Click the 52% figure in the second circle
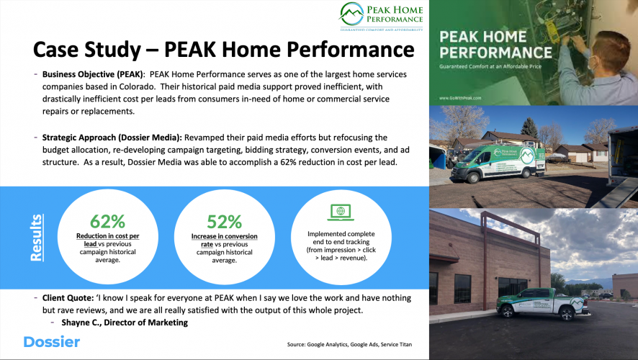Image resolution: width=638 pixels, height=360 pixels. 224,222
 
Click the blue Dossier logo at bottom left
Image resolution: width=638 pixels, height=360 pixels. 51,341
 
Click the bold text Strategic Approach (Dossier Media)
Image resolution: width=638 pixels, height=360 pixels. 112,138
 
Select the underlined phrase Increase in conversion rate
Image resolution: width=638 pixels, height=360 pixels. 224,240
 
